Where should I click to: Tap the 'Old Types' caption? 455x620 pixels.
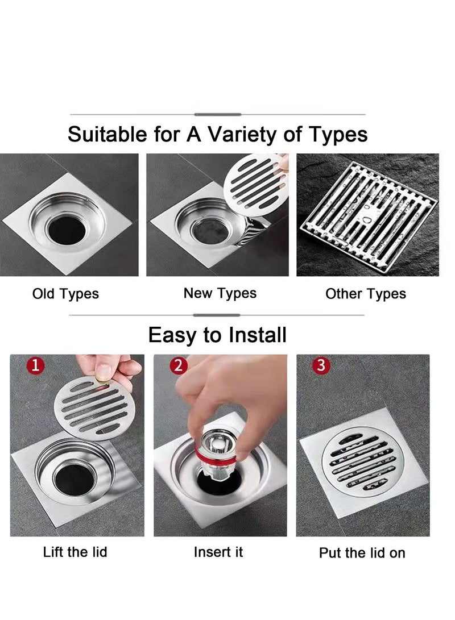[65, 294]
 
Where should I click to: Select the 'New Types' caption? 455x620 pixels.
[220, 293]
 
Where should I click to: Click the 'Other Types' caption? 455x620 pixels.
[365, 294]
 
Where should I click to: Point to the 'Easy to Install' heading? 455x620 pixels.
[217, 335]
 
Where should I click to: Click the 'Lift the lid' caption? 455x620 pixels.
[75, 552]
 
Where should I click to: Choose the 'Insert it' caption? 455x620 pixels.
[218, 552]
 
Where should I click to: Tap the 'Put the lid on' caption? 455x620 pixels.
[362, 552]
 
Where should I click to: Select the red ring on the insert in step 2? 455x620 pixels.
[212, 456]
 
